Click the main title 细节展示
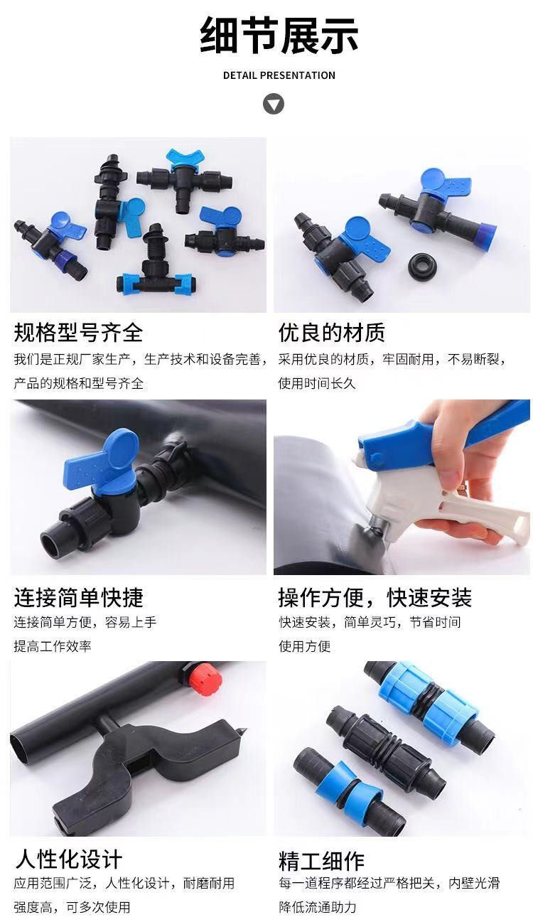[279, 36]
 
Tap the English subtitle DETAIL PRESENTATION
[279, 75]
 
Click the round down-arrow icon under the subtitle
[274, 104]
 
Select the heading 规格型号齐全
[78, 333]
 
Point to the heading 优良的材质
[332, 333]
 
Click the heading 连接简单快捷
[78, 598]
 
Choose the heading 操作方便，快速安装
[375, 598]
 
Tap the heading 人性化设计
[68, 859]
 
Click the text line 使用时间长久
[316, 383]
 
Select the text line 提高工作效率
[53, 646]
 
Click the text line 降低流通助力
[318, 907]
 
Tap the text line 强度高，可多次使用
[72, 907]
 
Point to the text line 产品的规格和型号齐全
[79, 383]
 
